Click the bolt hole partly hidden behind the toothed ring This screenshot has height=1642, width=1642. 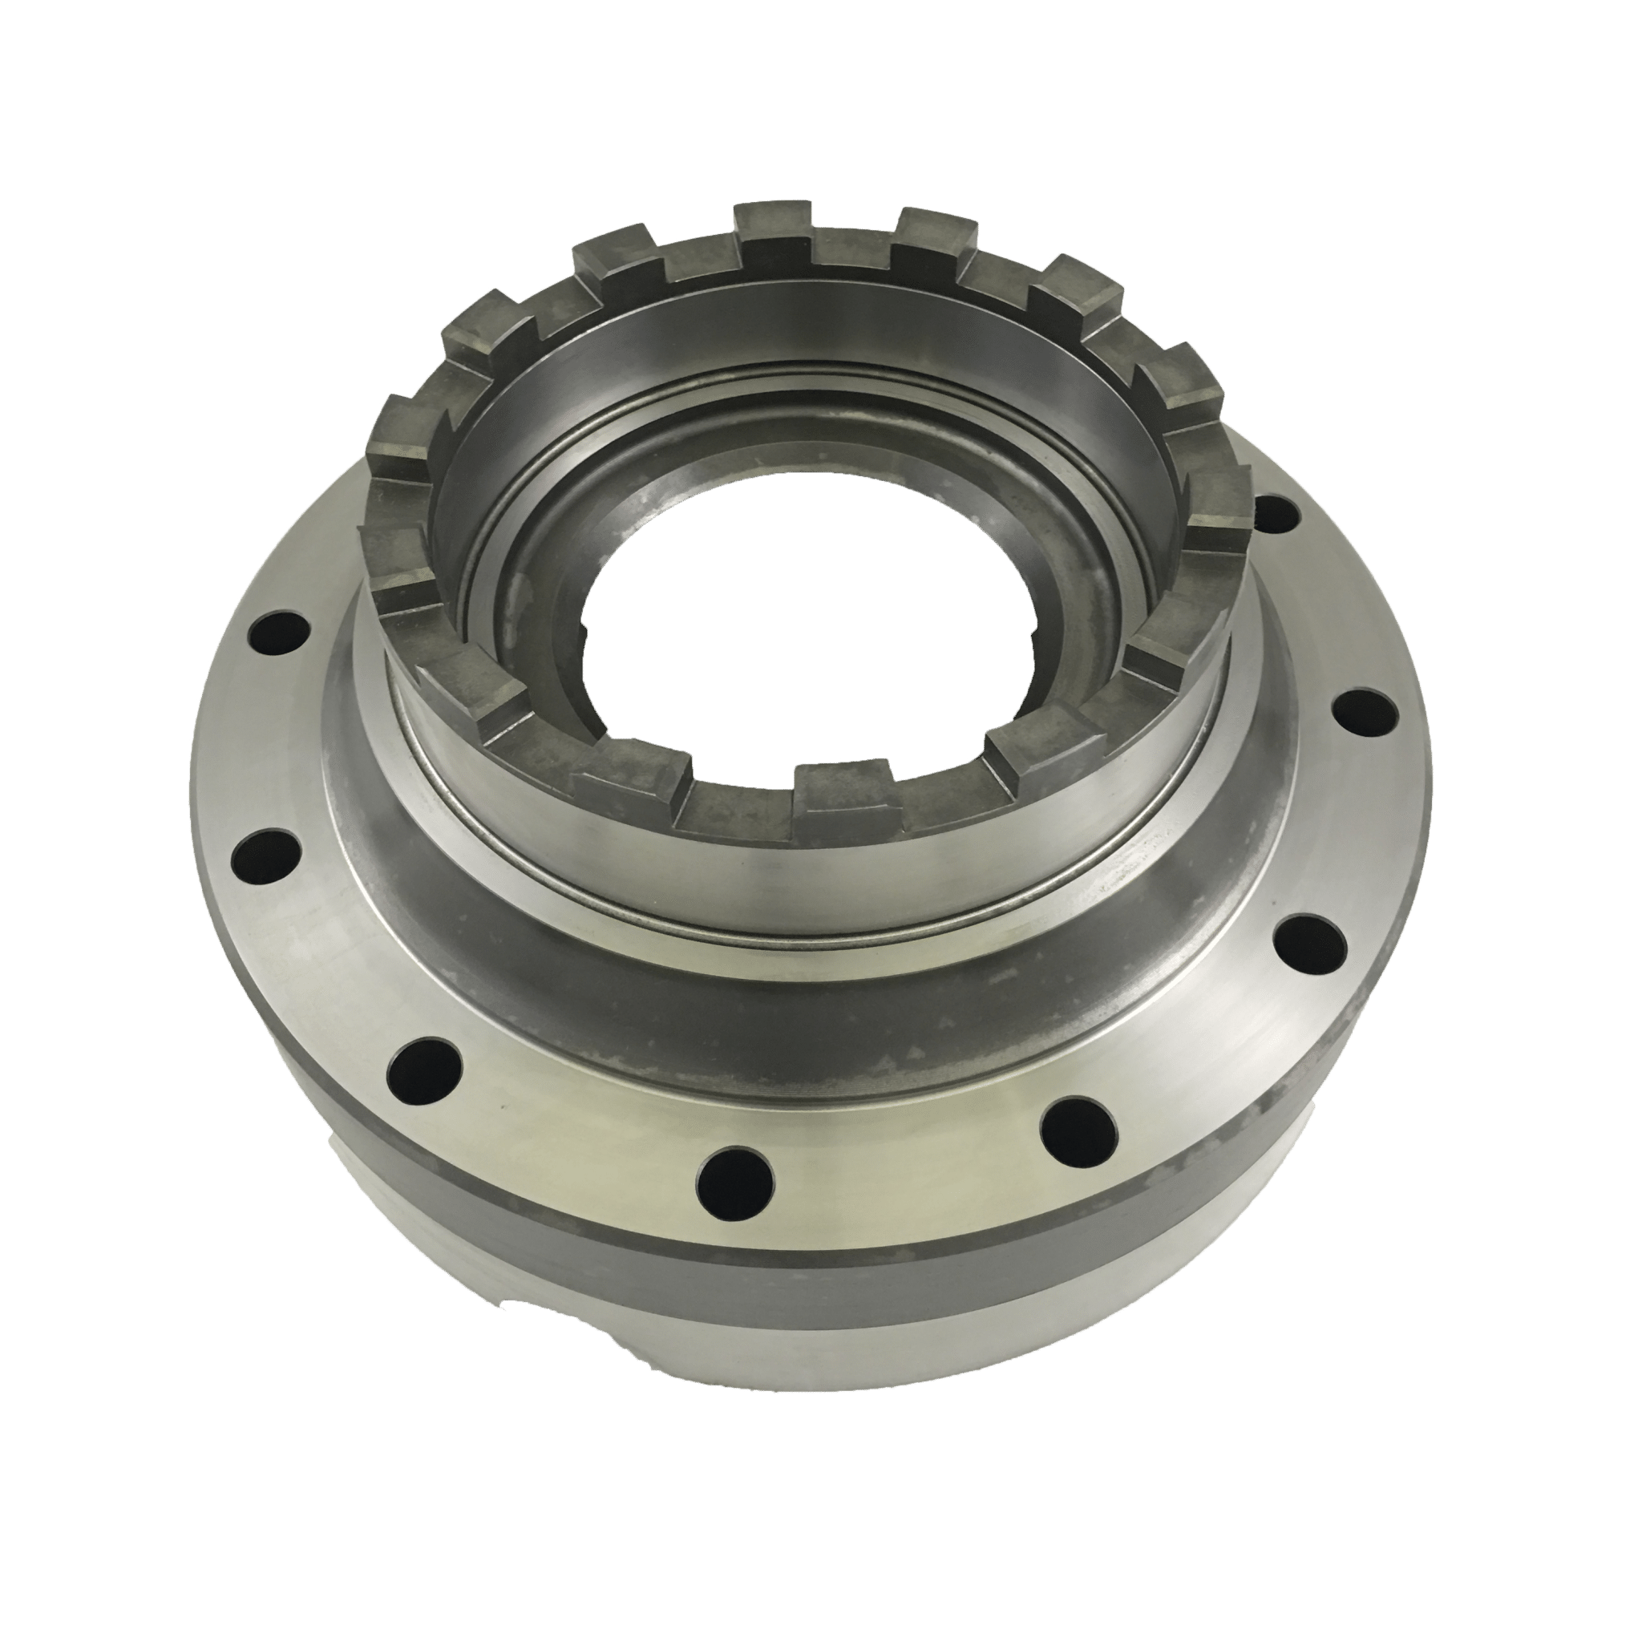1275,512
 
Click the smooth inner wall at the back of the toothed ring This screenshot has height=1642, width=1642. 816,340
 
